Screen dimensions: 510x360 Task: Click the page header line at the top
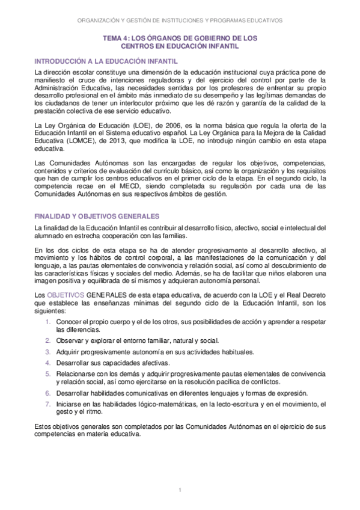(x=180, y=19)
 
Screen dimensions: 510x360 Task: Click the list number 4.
(x=48, y=363)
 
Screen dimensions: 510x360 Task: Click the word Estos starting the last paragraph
(x=44, y=426)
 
